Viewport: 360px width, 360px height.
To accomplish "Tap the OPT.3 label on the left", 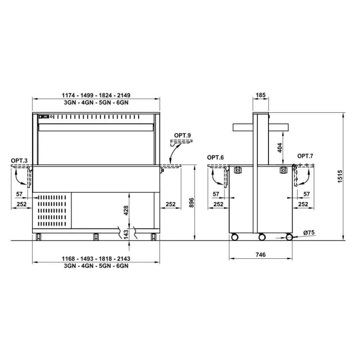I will coord(19,160).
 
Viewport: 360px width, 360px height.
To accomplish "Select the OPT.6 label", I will coord(216,157).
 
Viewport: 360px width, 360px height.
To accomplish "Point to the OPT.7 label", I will coord(305,156).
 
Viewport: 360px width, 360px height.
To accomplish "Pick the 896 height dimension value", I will coord(191,203).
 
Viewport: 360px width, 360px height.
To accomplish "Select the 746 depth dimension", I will coord(260,255).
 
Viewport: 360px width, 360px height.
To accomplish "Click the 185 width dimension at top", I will coord(260,95).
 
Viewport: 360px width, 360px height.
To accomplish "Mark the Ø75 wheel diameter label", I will coord(309,233).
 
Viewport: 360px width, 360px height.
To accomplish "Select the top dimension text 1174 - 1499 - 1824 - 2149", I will coord(96,95).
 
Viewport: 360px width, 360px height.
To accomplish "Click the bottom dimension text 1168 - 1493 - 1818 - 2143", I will coord(96,259).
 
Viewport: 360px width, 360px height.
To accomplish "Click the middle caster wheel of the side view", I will coord(262,237).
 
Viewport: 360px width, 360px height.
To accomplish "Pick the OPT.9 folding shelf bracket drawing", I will coord(181,143).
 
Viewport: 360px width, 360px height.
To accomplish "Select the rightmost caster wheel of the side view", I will coord(289,237).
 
